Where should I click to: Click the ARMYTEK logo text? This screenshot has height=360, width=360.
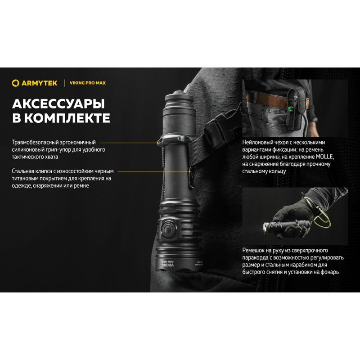pos(39,83)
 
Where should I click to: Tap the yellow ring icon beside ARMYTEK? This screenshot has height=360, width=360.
pos(15,83)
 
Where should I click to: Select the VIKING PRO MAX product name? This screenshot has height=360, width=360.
pos(88,83)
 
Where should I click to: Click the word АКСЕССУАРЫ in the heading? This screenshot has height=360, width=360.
pos(58,104)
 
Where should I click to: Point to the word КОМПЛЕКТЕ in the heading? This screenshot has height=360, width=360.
pos(67,118)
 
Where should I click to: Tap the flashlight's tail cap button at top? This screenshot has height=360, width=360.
pos(178,94)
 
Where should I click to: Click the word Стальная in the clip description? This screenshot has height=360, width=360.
pos(23,171)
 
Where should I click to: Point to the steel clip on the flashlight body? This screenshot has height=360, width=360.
pos(191,178)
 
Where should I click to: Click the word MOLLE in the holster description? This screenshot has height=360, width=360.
pos(324,157)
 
